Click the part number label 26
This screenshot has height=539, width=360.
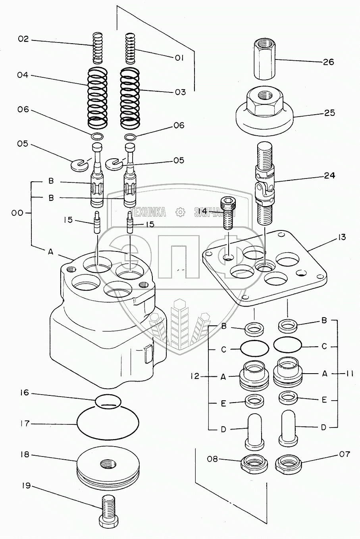(328, 62)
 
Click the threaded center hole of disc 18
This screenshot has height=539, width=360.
(108, 464)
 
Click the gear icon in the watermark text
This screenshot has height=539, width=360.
(180, 212)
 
